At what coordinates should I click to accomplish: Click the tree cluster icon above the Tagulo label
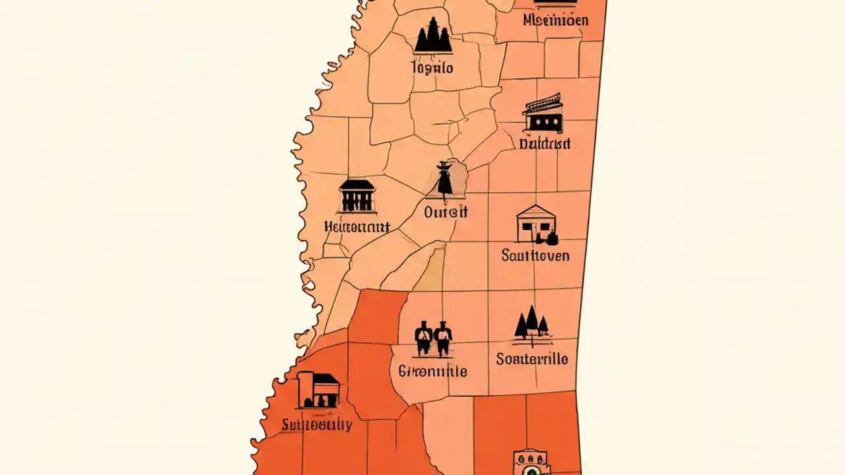pyautogui.click(x=433, y=36)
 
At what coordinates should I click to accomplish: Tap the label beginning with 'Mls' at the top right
pyautogui.click(x=555, y=20)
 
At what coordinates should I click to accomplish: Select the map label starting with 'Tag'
pyautogui.click(x=432, y=67)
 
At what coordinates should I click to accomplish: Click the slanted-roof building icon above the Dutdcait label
pyautogui.click(x=543, y=113)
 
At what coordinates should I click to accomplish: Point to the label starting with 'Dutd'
pyautogui.click(x=545, y=143)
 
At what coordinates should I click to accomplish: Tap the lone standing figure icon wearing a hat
pyautogui.click(x=445, y=179)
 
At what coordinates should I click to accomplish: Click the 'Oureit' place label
pyautogui.click(x=446, y=212)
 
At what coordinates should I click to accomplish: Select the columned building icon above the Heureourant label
pyautogui.click(x=356, y=195)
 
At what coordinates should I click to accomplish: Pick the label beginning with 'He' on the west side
pyautogui.click(x=357, y=227)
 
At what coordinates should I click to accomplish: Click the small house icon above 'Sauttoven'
pyautogui.click(x=536, y=224)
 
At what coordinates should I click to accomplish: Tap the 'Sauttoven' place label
pyautogui.click(x=535, y=255)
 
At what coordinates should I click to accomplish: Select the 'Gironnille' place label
pyautogui.click(x=432, y=371)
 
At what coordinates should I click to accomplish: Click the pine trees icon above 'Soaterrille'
pyautogui.click(x=531, y=325)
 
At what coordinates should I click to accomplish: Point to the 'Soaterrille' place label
pyautogui.click(x=532, y=360)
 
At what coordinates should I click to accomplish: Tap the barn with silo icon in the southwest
pyautogui.click(x=318, y=389)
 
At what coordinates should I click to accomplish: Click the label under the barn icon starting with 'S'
pyautogui.click(x=317, y=424)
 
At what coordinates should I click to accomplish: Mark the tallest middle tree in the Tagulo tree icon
pyautogui.click(x=433, y=33)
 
